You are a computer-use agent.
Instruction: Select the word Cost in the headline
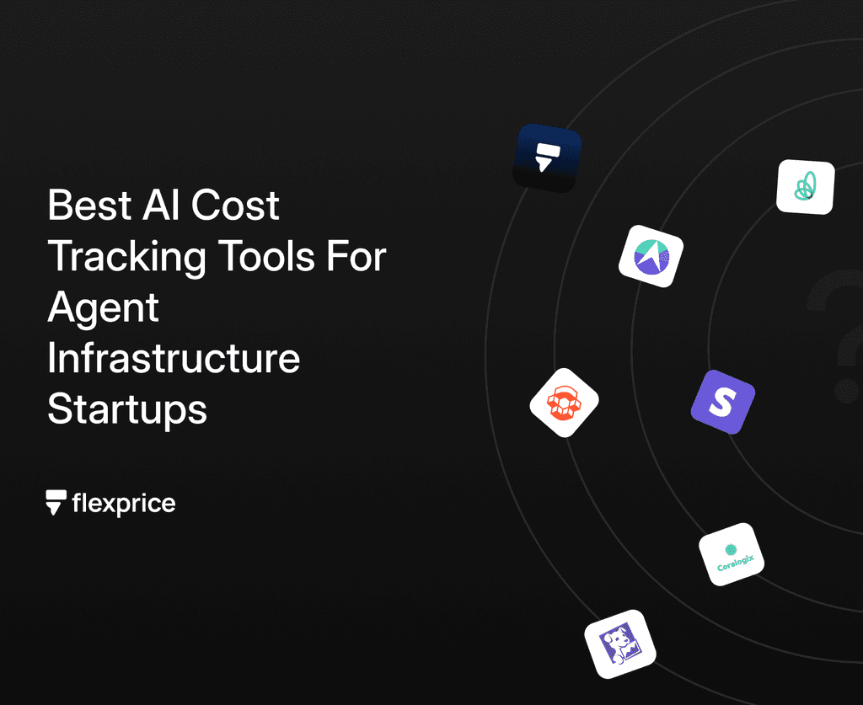(238, 206)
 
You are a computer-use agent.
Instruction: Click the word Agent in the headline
(103, 308)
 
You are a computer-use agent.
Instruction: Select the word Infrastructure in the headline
(174, 359)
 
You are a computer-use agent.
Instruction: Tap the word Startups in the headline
(127, 410)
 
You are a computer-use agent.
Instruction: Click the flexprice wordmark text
(124, 505)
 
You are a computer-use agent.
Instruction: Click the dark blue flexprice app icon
(548, 158)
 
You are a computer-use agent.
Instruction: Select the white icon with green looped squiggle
(805, 187)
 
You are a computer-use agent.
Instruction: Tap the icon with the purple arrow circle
(651, 256)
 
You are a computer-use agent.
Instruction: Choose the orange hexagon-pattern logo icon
(564, 402)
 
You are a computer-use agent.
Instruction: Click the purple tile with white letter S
(722, 402)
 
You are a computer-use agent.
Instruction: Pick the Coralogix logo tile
(731, 554)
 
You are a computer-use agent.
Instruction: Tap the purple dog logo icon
(619, 644)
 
